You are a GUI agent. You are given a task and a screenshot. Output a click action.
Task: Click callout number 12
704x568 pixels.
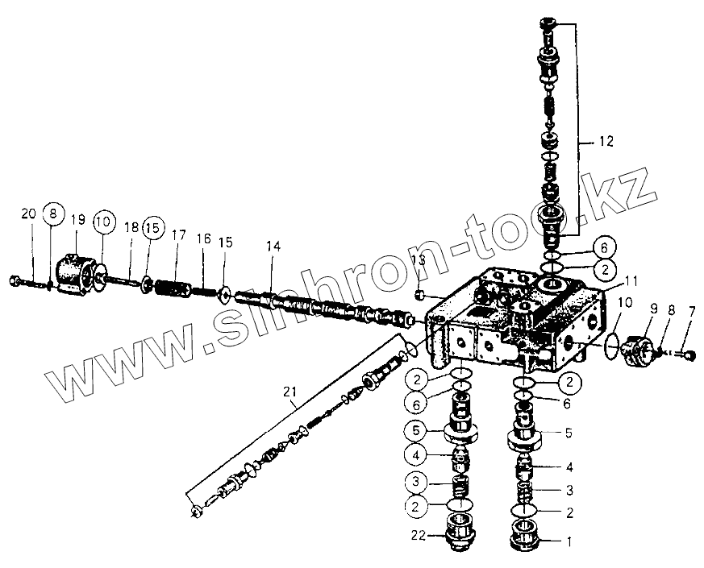pos(606,141)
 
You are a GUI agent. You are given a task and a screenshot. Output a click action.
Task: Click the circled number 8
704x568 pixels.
pos(52,214)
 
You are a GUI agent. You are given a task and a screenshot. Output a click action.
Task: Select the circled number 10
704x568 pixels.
pos(104,222)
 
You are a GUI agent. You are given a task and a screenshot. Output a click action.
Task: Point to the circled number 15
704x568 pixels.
pos(152,229)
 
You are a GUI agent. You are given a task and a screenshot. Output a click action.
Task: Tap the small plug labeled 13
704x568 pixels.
pos(420,295)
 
